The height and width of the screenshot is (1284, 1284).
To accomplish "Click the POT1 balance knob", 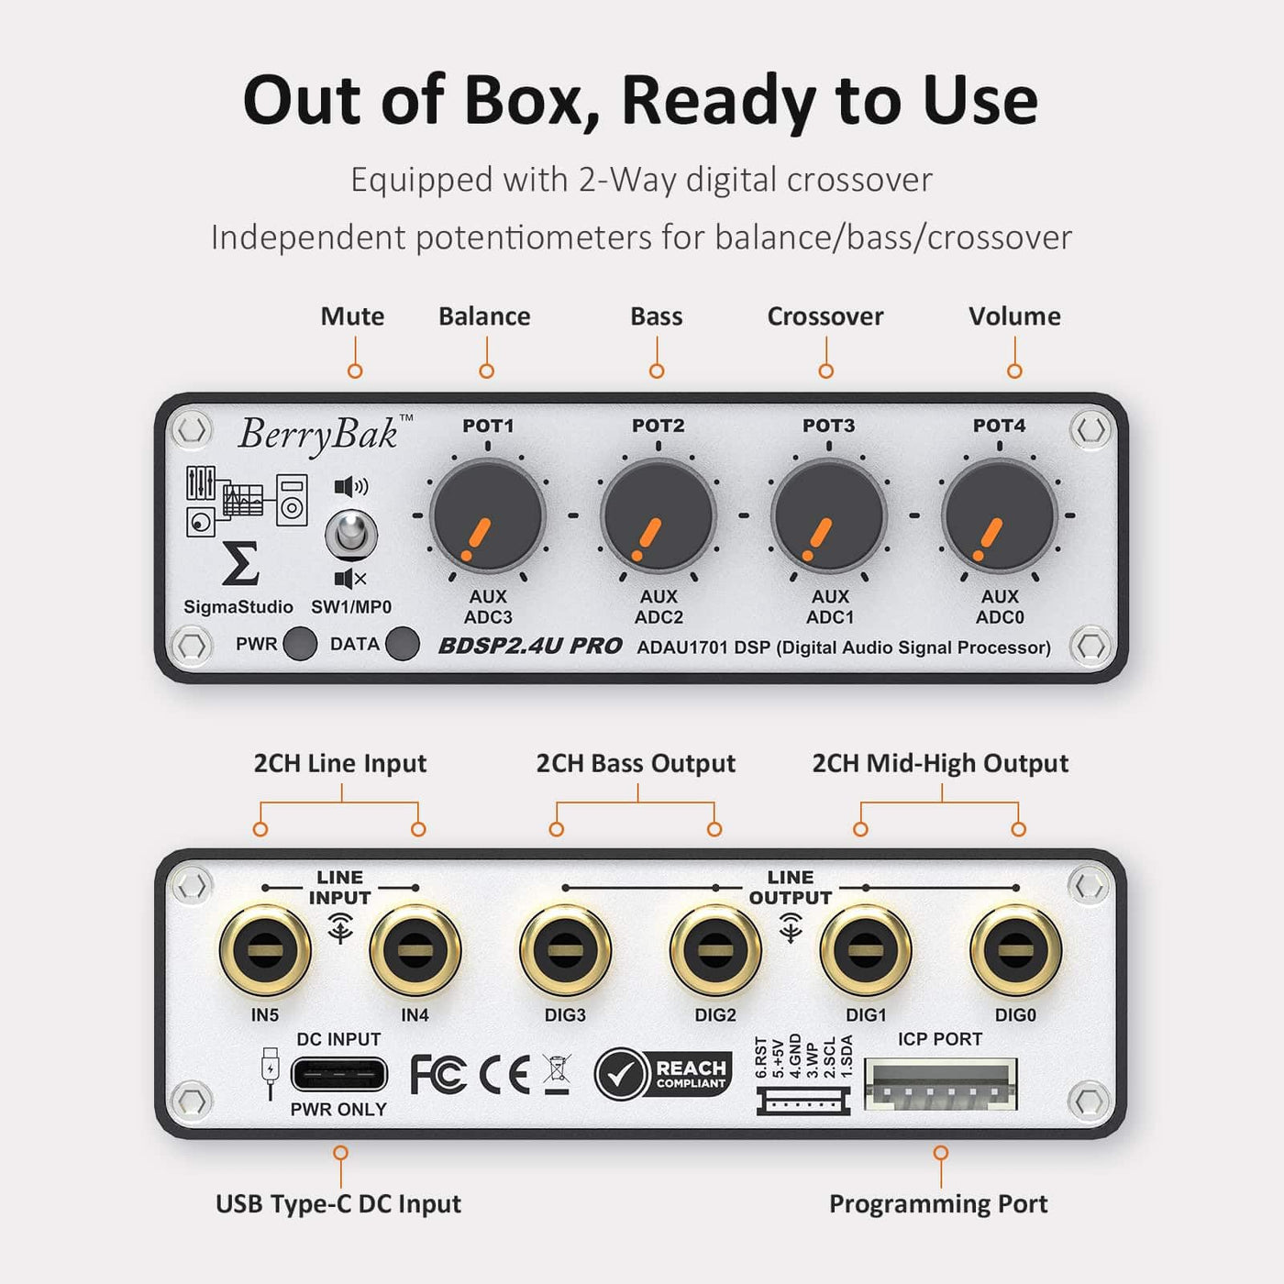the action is click(488, 515).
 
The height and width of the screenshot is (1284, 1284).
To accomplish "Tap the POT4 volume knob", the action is click(999, 515).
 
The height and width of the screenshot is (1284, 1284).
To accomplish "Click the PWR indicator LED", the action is click(300, 644).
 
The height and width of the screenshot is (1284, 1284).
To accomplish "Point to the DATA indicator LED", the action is click(403, 644).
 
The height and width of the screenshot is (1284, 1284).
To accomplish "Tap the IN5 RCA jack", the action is click(265, 949).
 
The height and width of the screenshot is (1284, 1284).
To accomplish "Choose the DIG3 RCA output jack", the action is click(565, 949).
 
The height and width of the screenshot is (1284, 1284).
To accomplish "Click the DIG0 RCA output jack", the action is click(1015, 949).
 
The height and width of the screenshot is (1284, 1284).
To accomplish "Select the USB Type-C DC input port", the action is click(339, 1074).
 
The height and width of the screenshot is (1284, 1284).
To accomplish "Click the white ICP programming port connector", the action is click(940, 1084).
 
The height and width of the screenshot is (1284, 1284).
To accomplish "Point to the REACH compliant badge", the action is click(664, 1073).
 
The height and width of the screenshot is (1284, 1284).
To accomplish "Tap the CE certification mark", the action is click(504, 1074).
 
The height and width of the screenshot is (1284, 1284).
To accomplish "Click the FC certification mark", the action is click(437, 1074).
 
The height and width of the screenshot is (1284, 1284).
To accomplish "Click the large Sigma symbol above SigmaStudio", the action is click(240, 564).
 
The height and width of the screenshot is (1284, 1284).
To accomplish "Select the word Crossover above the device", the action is click(825, 315).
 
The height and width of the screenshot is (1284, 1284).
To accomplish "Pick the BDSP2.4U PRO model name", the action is click(530, 646).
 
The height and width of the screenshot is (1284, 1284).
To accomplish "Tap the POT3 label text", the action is click(828, 426).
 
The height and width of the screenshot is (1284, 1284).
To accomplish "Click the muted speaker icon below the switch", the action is click(350, 579).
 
